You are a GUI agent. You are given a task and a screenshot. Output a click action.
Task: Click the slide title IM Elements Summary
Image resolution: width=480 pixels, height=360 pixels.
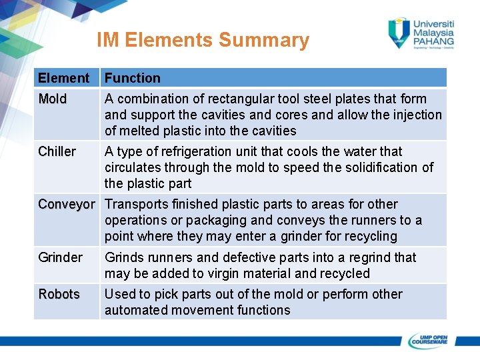click(203, 40)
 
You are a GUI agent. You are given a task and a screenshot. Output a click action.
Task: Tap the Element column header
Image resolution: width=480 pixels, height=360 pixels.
click(63, 78)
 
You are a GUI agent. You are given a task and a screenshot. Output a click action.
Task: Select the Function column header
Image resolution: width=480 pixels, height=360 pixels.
click(132, 78)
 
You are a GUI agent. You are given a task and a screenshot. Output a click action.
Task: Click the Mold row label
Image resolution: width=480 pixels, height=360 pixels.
click(53, 99)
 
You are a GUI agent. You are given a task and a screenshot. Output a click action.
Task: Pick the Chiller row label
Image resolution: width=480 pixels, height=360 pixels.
click(57, 151)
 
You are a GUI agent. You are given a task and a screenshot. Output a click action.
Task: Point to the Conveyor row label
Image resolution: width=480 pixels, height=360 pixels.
click(67, 204)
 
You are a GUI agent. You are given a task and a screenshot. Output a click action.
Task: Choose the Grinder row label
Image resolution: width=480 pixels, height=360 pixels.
click(60, 257)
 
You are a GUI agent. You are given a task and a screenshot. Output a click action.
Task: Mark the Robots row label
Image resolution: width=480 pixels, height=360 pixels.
click(59, 294)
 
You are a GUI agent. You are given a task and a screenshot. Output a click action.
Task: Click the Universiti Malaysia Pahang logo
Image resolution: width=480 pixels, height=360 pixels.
click(421, 33)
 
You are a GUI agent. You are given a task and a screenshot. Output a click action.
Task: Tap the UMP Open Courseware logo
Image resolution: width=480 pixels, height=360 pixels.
click(428, 340)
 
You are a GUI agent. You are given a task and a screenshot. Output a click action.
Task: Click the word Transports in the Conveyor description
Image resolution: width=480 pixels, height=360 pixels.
click(135, 204)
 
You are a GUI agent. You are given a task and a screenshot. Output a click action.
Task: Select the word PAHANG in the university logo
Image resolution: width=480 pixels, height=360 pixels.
click(433, 41)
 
